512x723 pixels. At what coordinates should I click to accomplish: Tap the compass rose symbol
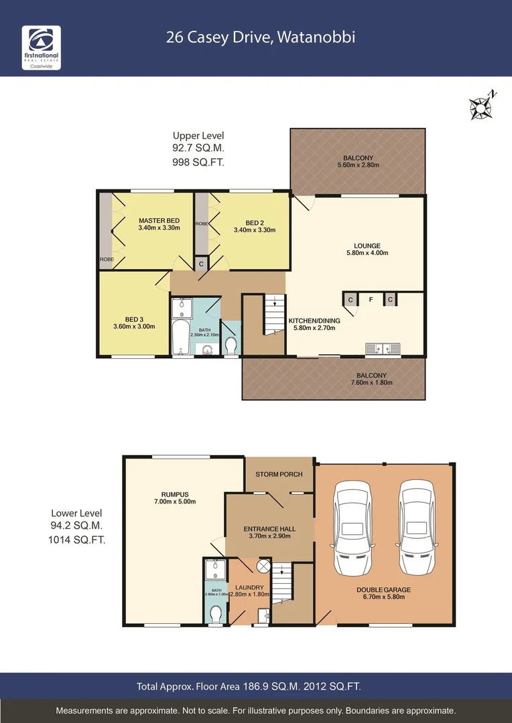[482, 104]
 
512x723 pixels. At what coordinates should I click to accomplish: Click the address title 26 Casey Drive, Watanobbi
[261, 37]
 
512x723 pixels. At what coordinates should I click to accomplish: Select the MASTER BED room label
[159, 221]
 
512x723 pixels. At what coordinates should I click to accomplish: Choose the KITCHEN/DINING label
[314, 321]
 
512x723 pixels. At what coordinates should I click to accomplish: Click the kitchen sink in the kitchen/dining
[382, 348]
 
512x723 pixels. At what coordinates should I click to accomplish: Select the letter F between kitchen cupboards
[370, 300]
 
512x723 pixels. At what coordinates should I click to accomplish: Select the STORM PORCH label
[279, 474]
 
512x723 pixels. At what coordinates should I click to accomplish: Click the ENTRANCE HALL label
[269, 529]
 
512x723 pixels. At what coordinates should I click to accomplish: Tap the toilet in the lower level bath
[216, 613]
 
